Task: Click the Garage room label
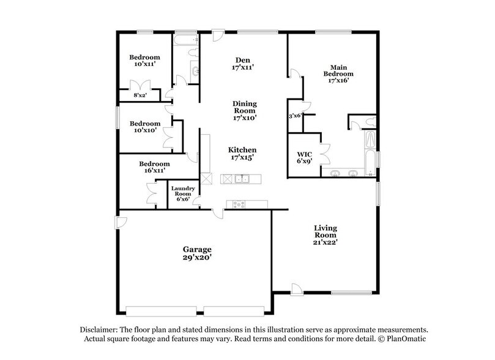coord(197,249)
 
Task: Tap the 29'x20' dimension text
coord(197,259)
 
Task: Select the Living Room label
coord(326,231)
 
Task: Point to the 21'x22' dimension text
coord(326,242)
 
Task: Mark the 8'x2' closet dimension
coord(141,96)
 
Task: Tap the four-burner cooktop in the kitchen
coord(235,204)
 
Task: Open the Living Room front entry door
coord(296,288)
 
